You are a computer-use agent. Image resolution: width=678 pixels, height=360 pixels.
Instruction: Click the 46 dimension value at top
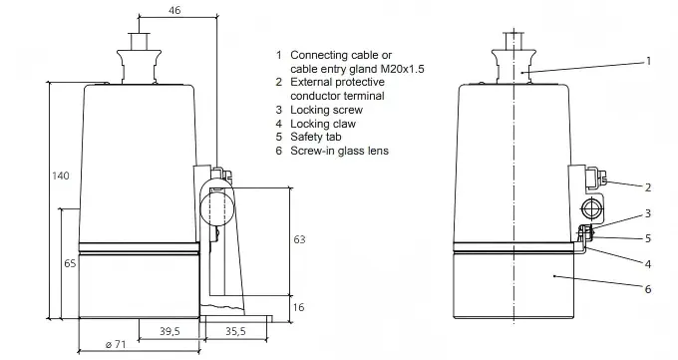click(174, 10)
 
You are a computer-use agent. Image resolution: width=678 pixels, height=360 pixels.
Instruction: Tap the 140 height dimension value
click(61, 176)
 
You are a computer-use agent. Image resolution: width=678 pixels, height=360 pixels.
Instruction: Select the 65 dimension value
click(70, 262)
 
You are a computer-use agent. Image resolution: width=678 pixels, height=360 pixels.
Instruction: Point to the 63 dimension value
click(299, 239)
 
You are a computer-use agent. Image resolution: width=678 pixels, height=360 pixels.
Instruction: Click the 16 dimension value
click(299, 307)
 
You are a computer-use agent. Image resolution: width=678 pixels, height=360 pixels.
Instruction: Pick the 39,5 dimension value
click(169, 331)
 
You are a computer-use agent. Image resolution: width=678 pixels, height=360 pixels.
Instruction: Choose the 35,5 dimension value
click(235, 331)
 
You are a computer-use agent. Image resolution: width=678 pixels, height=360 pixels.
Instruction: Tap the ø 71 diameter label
click(116, 344)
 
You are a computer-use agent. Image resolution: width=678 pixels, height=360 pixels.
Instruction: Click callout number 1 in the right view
click(648, 61)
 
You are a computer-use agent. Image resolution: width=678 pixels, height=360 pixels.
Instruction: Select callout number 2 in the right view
click(648, 187)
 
